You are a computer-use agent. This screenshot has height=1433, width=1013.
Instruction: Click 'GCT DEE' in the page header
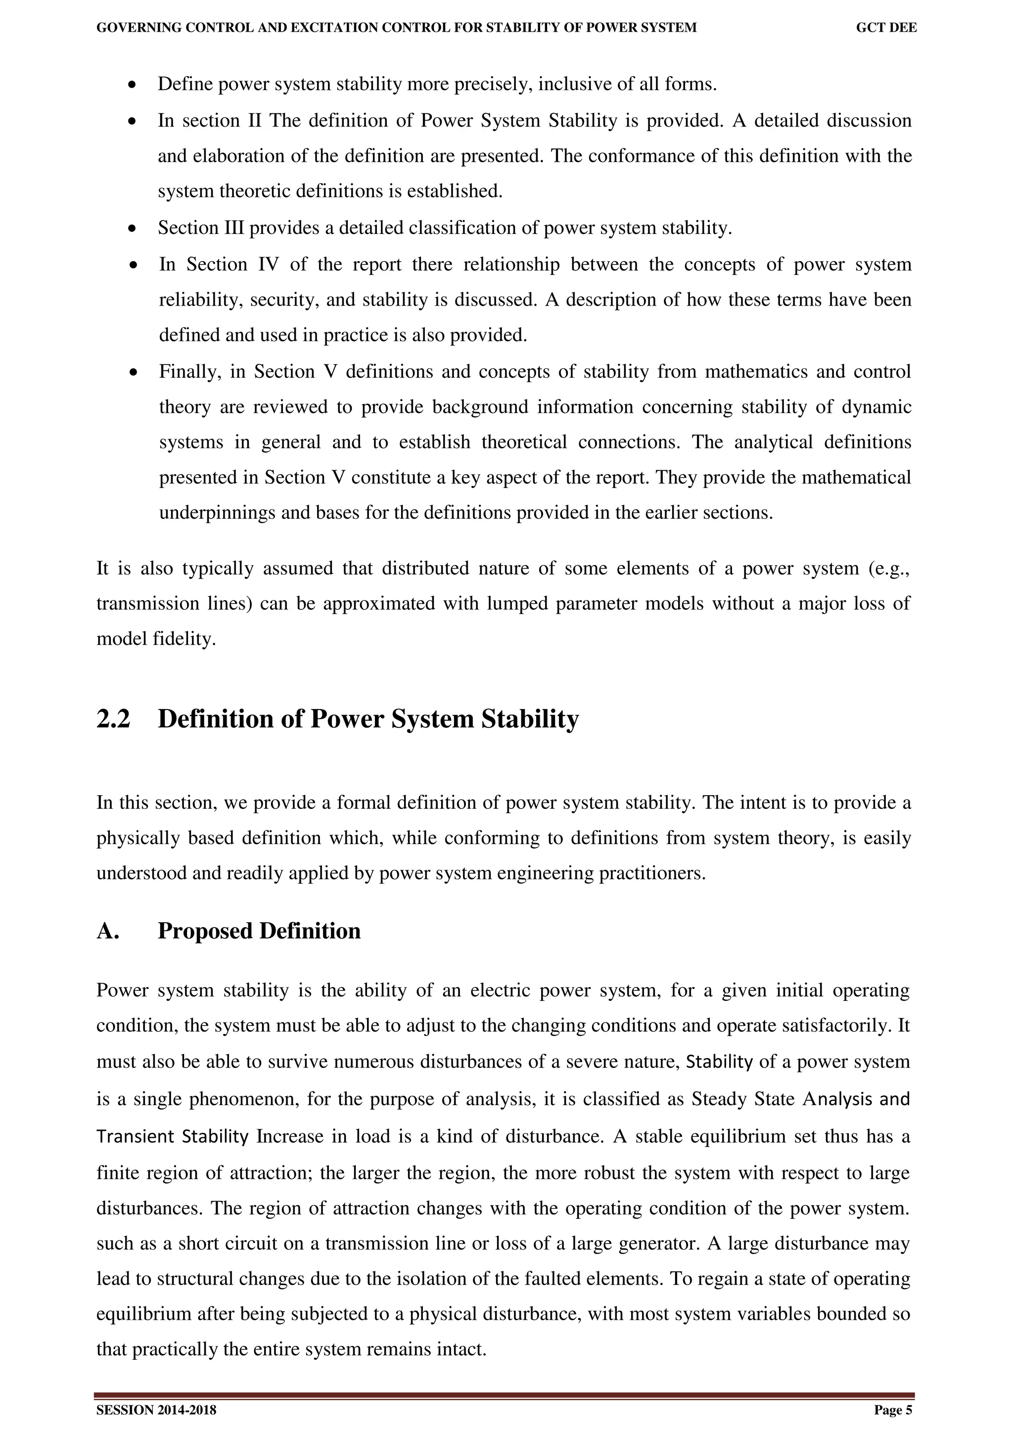click(x=886, y=28)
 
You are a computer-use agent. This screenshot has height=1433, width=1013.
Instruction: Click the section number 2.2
click(x=114, y=719)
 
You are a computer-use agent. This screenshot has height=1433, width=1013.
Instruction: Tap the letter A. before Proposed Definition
click(x=107, y=931)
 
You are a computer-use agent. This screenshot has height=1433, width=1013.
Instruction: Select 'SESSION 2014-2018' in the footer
click(x=156, y=1411)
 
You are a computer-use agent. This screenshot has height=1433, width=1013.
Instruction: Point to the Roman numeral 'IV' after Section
click(x=269, y=264)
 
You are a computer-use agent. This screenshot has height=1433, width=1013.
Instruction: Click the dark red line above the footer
click(x=505, y=1395)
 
